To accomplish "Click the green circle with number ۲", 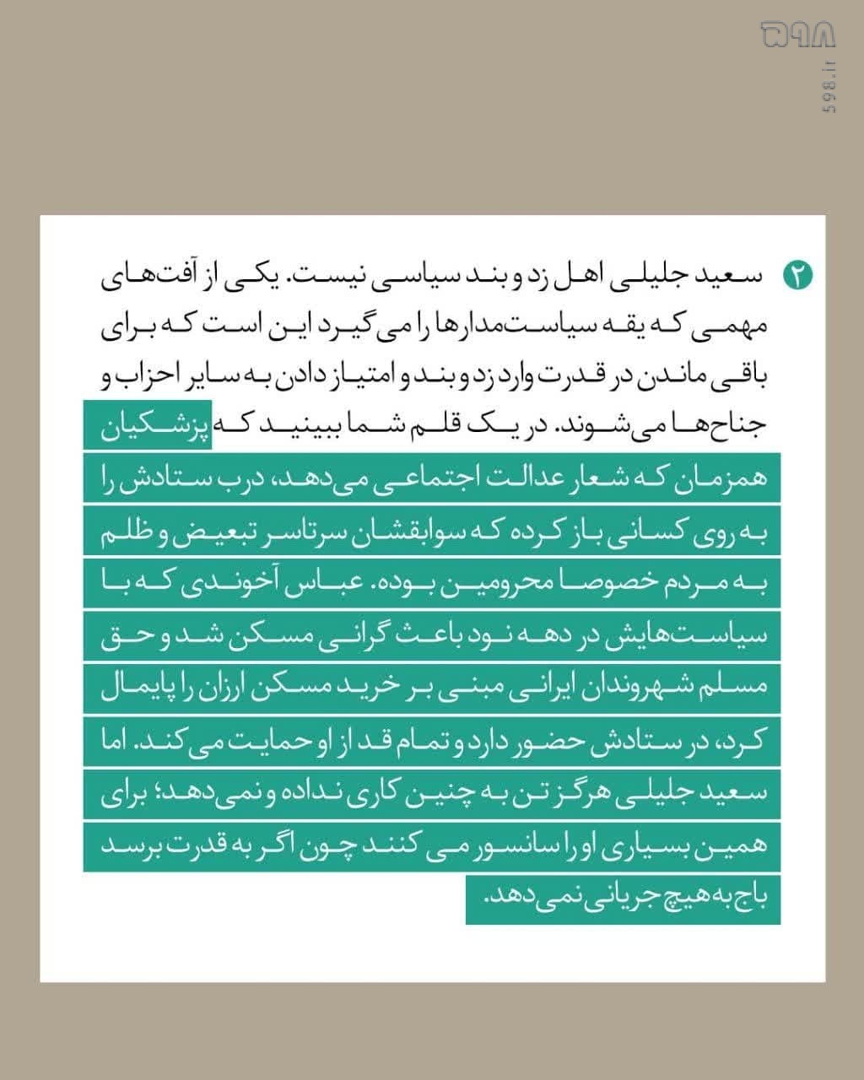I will coord(797,275).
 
